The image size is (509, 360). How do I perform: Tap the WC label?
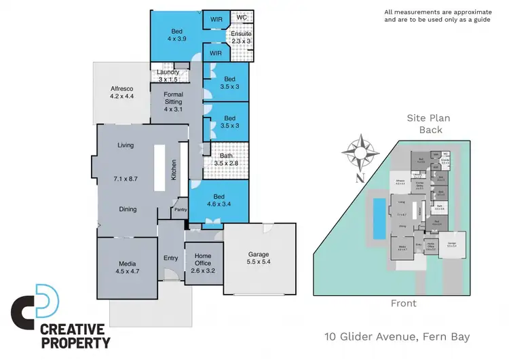click(x=242, y=18)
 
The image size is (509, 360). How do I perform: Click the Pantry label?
click(x=181, y=210)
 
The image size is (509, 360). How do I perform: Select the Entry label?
click(x=170, y=257)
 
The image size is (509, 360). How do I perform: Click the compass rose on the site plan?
click(x=360, y=153)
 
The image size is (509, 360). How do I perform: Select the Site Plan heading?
click(x=429, y=118)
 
